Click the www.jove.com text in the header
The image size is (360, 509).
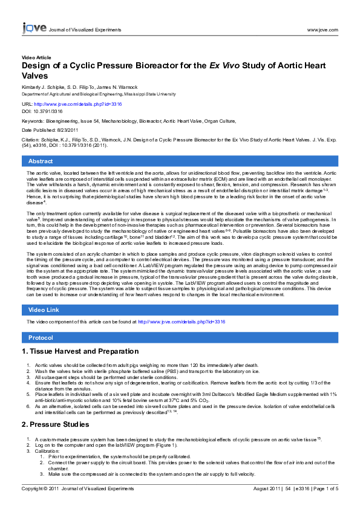tap(322, 29)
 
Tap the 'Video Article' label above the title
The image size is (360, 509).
tap(36, 57)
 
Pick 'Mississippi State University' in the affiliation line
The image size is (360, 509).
tap(147, 94)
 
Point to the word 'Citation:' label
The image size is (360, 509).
tap(31, 139)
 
